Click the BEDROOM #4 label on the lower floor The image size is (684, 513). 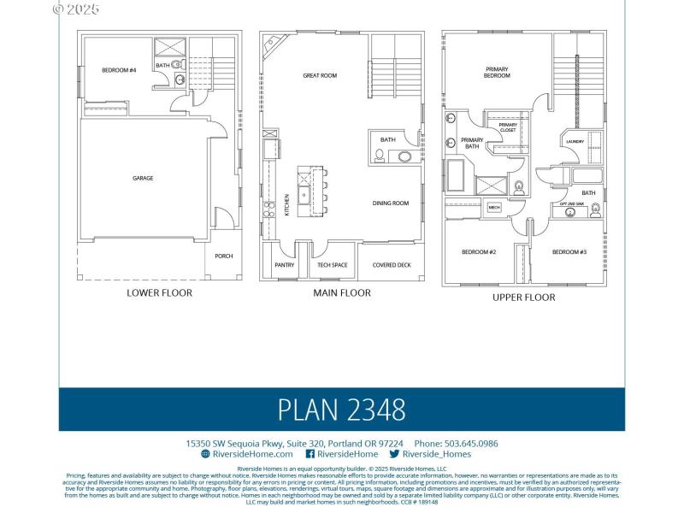[119, 70]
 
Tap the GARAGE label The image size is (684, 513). [143, 179]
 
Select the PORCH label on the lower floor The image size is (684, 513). [223, 256]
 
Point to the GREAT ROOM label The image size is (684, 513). [320, 76]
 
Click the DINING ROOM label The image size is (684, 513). [391, 203]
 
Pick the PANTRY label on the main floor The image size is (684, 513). [285, 265]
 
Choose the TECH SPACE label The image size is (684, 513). [332, 265]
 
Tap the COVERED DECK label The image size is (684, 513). [392, 265]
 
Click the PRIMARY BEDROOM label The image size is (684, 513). [498, 72]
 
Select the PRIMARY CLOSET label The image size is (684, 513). [508, 127]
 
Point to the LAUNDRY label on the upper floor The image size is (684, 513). [575, 142]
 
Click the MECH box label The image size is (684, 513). [494, 207]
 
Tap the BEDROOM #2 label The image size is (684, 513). [479, 252]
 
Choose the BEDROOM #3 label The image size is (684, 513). [569, 252]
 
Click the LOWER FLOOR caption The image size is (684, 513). [159, 292]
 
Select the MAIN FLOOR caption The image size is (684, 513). [341, 292]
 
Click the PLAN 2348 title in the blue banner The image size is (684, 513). [341, 410]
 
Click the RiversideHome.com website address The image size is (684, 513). [239, 454]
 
